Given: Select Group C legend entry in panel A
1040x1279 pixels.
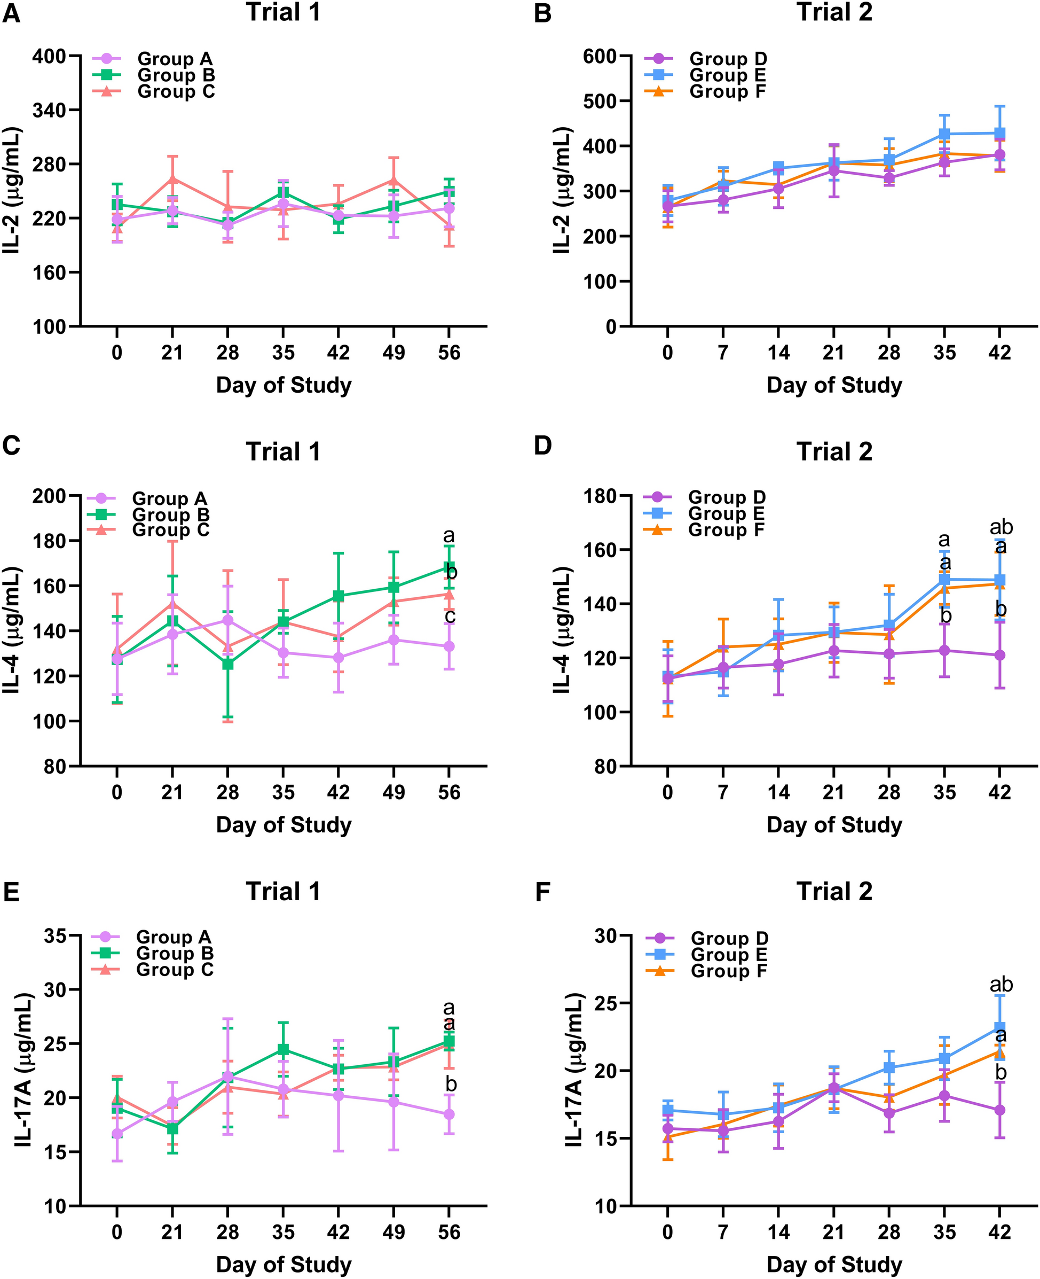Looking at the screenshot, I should click(176, 92).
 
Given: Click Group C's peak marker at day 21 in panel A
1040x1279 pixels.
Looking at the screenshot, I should click(172, 178).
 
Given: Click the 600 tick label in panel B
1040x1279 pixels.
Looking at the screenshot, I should click(599, 56).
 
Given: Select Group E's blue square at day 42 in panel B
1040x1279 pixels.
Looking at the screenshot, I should click(999, 133).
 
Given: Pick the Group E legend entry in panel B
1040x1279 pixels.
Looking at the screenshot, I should click(727, 75).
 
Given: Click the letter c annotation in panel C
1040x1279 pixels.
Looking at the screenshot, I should click(450, 615).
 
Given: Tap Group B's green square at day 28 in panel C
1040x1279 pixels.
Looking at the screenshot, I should click(227, 664).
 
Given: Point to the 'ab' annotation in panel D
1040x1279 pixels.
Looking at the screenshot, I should click(1000, 527).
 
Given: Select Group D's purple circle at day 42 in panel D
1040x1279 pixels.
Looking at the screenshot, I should click(999, 655).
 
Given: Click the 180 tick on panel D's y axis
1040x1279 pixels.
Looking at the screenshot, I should click(601, 496).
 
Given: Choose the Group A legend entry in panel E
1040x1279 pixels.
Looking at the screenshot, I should click(173, 937).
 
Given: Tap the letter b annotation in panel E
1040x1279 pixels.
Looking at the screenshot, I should click(451, 1083).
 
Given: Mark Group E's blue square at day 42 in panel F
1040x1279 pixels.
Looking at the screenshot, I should click(999, 1028).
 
